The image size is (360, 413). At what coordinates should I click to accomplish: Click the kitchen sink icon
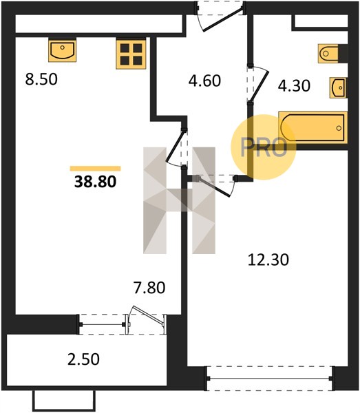63,50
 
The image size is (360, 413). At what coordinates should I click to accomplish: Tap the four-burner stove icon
131,54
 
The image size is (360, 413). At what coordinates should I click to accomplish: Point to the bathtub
313,128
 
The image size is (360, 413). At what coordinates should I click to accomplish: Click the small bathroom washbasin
338,87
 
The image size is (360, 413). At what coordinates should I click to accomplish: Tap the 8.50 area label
41,79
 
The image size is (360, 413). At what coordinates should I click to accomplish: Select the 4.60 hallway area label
204,81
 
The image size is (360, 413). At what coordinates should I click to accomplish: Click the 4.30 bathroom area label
294,86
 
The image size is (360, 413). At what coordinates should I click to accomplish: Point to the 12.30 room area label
268,260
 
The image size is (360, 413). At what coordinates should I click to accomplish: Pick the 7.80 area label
149,287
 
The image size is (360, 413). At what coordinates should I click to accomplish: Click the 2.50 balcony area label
83,359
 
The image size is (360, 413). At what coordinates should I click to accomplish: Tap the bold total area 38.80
95,182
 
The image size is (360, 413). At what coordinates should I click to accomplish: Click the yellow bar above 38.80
95,169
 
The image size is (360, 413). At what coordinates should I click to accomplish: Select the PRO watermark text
264,147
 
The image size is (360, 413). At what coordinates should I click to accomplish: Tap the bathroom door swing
259,84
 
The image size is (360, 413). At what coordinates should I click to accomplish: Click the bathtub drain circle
339,128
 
